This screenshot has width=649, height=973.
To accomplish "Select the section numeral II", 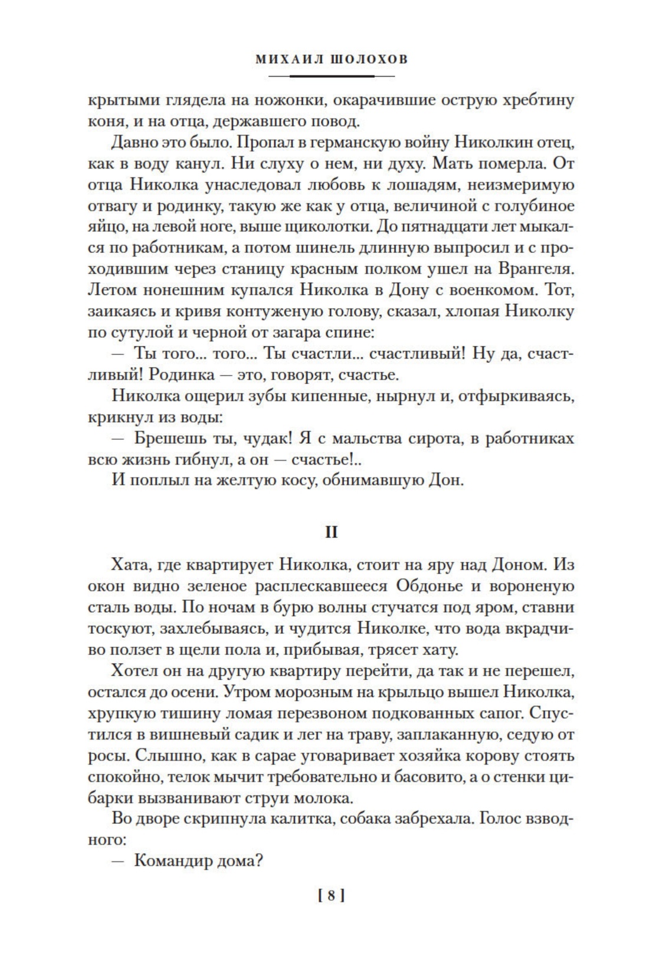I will coord(331,532).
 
